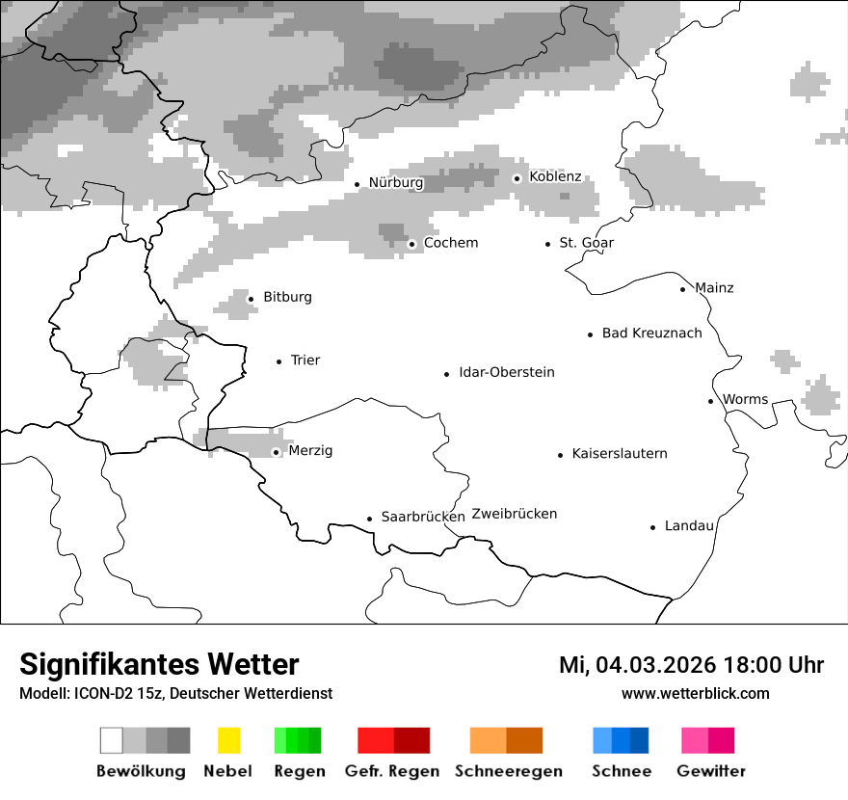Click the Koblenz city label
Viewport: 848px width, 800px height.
pos(555,176)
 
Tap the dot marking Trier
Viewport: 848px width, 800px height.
pos(279,361)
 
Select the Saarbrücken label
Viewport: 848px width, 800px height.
pos(423,517)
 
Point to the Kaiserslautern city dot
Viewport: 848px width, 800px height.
pos(560,455)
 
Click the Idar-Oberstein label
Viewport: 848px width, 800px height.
pos(507,372)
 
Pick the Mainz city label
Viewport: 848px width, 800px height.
pos(714,288)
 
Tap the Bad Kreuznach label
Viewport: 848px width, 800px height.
pos(651,333)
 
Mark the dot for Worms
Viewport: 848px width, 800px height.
pos(711,401)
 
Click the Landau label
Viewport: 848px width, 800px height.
pos(689,526)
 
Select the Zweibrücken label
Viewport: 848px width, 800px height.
pos(515,514)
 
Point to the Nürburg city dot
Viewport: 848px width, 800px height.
pos(358,184)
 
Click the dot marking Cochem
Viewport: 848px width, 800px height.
pos(411,244)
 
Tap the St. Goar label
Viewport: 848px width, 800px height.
pos(586,243)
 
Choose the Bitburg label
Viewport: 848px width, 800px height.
pos(287,297)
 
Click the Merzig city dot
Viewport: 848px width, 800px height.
pos(277,452)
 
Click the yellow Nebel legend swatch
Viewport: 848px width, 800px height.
pos(228,740)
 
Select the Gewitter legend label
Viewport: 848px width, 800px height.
pos(711,771)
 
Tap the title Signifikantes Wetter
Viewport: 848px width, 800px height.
pos(159,665)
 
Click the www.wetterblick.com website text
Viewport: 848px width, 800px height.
pos(695,694)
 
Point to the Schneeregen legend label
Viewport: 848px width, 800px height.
pos(508,771)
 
